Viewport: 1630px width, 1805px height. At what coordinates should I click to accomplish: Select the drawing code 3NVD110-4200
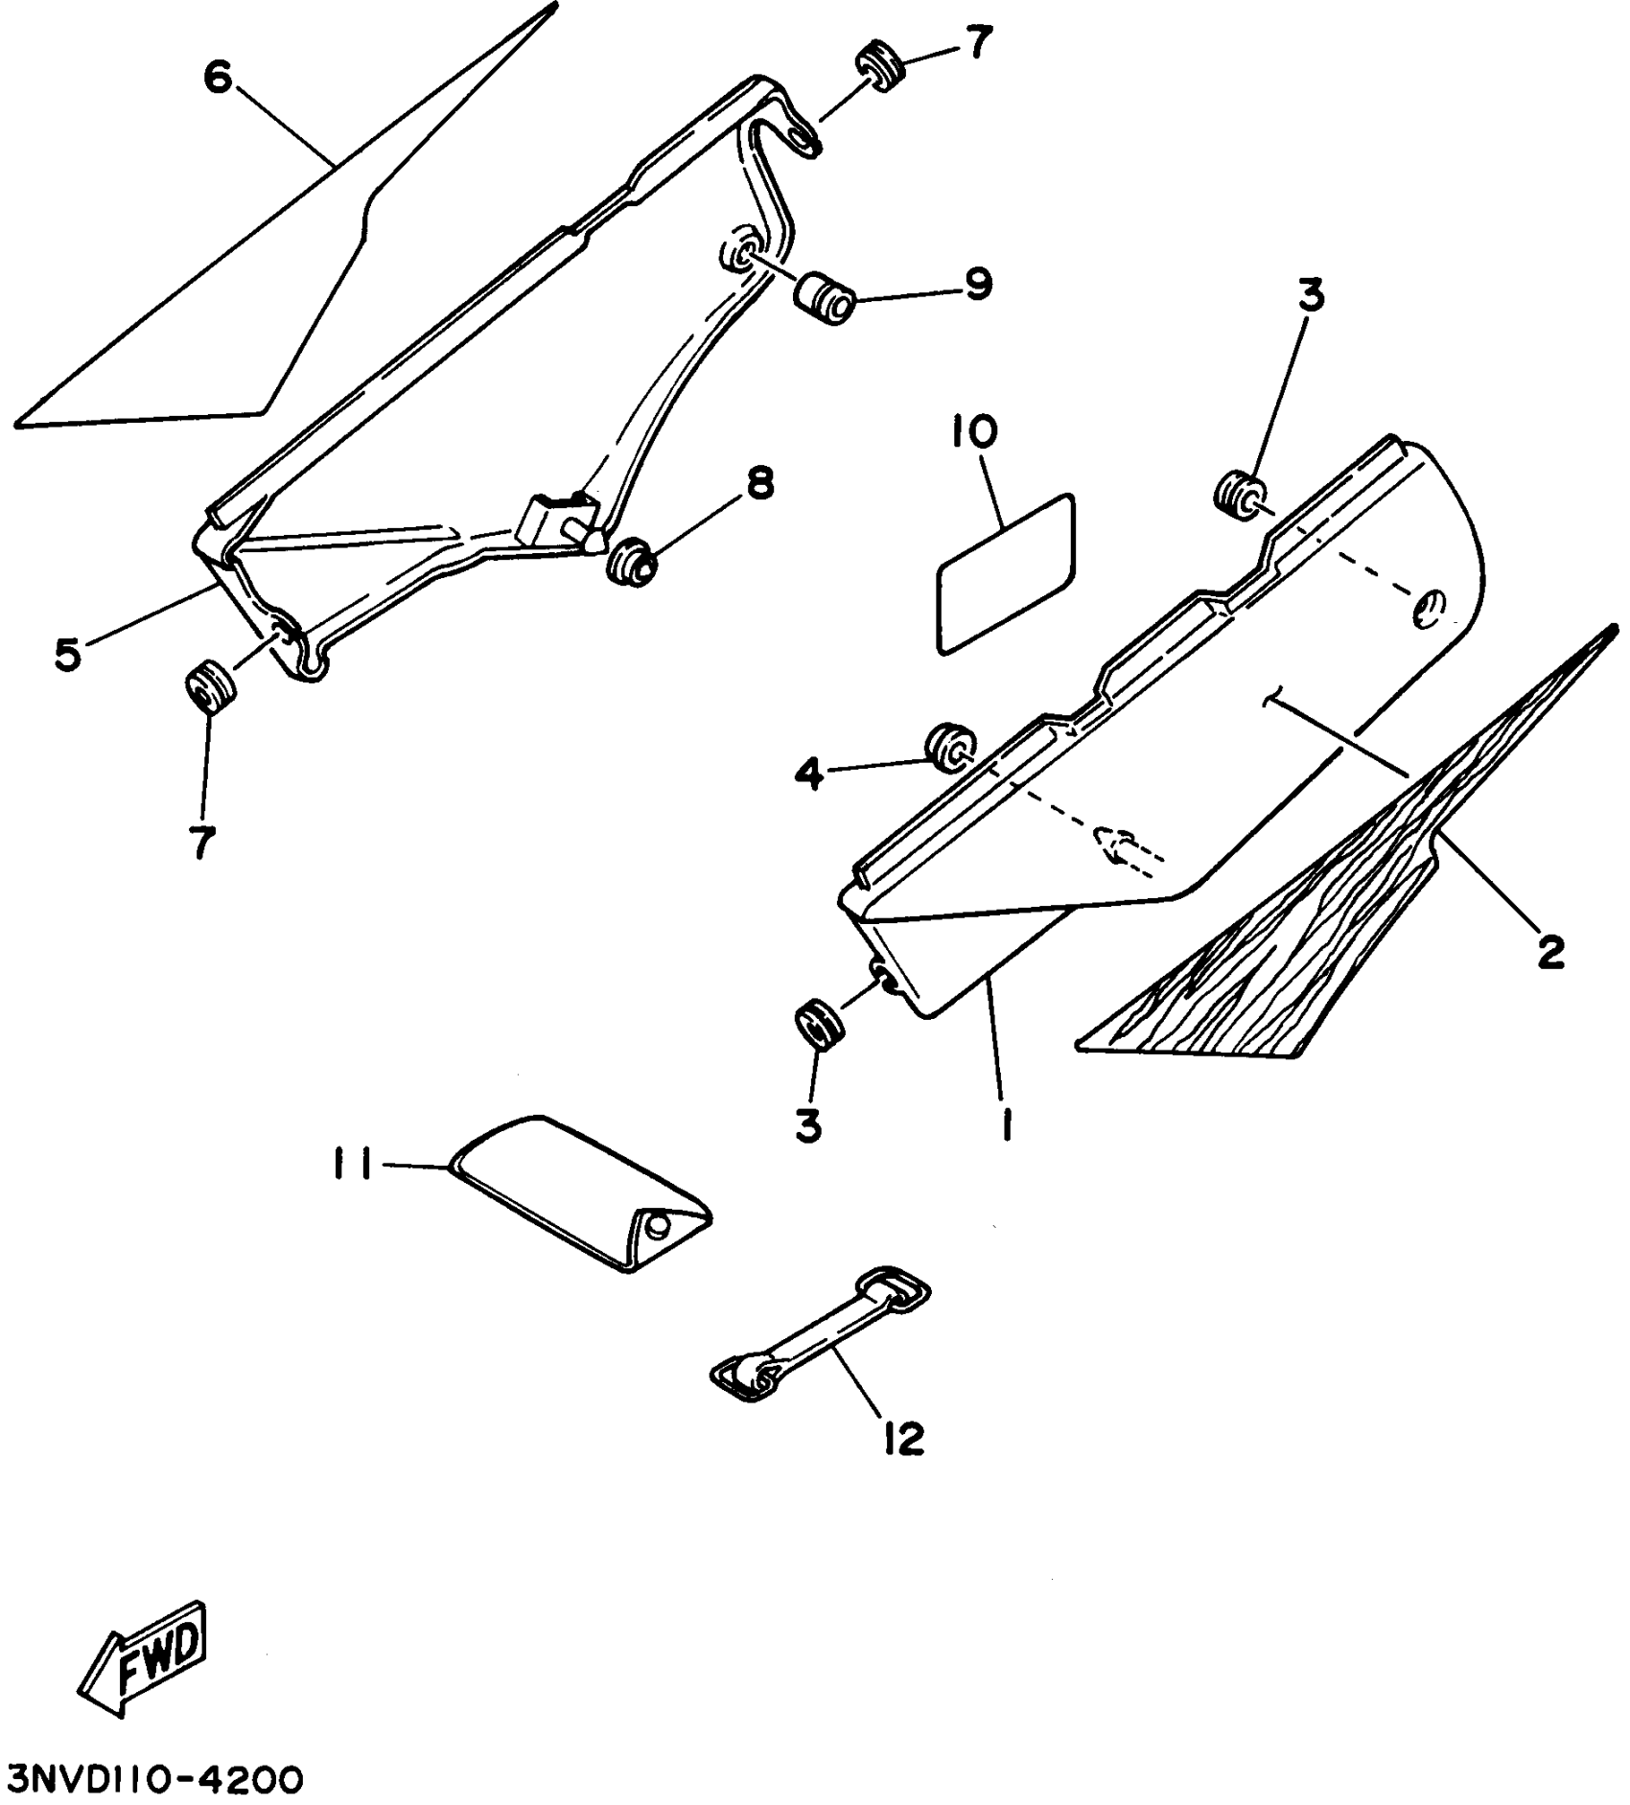pyautogui.click(x=154, y=1778)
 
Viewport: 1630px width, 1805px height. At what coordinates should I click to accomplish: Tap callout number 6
pyautogui.click(x=218, y=77)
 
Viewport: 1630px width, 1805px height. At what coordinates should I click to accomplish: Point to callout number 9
pyautogui.click(x=977, y=284)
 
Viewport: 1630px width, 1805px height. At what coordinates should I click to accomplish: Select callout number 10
pyautogui.click(x=973, y=432)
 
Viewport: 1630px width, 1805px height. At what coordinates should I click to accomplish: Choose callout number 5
pyautogui.click(x=67, y=656)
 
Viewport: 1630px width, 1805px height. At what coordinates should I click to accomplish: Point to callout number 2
pyautogui.click(x=1549, y=951)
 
